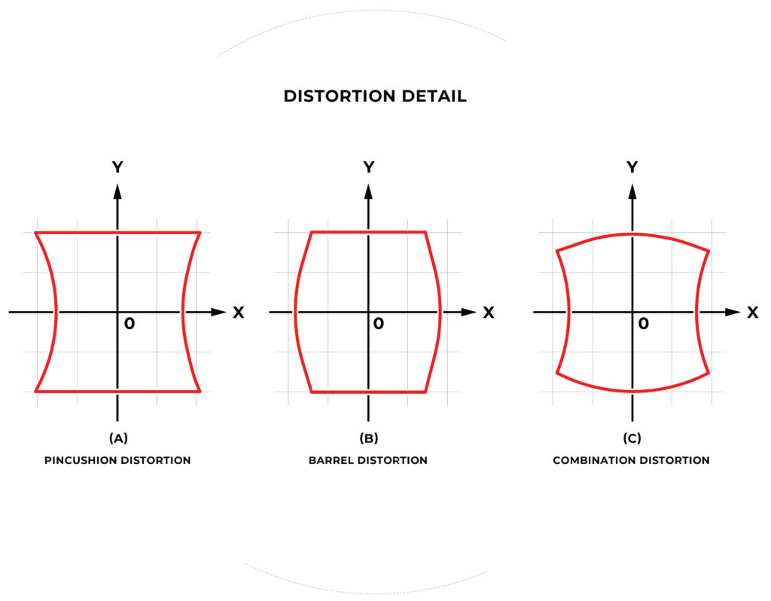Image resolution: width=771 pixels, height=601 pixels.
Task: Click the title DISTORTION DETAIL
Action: coord(375,96)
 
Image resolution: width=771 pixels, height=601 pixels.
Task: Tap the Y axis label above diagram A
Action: coord(117,167)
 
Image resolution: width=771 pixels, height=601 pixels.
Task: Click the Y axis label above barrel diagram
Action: coord(369,167)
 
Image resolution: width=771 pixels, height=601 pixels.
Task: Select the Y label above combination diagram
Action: coord(632,167)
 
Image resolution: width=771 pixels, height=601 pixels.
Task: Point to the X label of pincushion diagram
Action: coord(239,313)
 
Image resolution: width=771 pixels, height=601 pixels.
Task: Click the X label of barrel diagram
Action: coord(488,313)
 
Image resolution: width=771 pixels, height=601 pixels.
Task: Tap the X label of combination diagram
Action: coord(752,313)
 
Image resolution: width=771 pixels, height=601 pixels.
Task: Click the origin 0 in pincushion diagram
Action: coord(130,324)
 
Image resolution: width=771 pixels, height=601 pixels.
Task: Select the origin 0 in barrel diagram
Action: coord(378,324)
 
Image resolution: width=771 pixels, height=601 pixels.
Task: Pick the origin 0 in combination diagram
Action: coord(643,324)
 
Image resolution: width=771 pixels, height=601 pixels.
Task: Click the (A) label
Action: coord(118,438)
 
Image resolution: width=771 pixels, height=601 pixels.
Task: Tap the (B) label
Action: coord(369,438)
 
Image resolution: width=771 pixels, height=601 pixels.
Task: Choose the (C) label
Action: coord(632,438)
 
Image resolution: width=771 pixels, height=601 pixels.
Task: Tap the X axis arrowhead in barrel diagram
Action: coord(468,312)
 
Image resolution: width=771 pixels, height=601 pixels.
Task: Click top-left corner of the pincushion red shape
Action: coord(35,232)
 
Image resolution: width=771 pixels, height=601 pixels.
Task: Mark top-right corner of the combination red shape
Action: coord(709,252)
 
